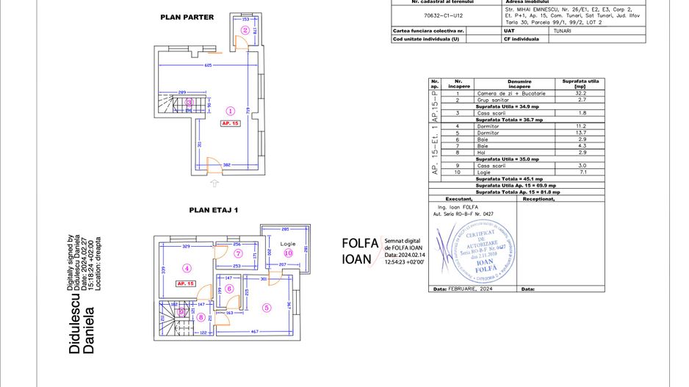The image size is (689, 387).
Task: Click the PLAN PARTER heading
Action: (187, 17)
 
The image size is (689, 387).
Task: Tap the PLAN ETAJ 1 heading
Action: (214, 210)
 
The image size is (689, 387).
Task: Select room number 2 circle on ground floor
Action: (245, 30)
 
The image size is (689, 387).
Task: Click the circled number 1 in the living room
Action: (230, 111)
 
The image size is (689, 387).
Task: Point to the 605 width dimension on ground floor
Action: (208, 65)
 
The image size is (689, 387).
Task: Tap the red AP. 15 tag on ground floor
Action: (230, 123)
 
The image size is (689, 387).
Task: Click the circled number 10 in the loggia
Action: (288, 253)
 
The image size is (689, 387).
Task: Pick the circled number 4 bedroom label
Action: (187, 268)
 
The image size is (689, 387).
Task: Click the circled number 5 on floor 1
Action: (267, 308)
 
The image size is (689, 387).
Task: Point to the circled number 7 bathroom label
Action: (238, 253)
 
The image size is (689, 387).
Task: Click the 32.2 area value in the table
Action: (580, 93)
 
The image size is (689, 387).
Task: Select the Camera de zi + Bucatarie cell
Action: (508, 93)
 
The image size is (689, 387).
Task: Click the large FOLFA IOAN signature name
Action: (360, 251)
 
